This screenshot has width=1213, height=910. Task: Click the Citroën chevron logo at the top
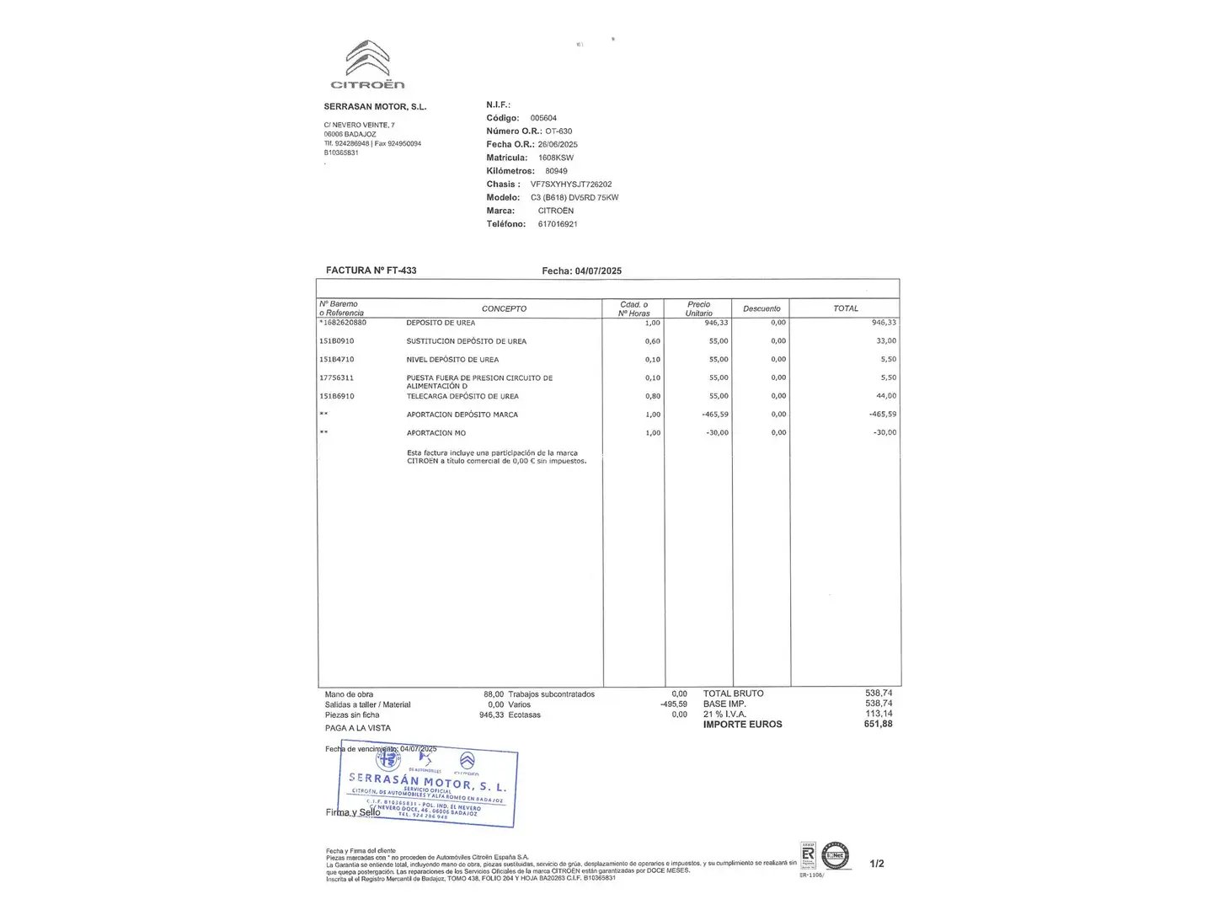point(367,59)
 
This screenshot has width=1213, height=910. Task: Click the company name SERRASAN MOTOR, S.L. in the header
point(375,107)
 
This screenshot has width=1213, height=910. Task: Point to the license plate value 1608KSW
point(556,158)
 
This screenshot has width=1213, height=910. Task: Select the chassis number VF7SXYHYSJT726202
point(571,184)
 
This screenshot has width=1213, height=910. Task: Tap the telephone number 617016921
point(558,224)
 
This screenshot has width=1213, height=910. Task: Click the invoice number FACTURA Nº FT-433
point(371,270)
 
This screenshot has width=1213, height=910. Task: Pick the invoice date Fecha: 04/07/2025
point(581,270)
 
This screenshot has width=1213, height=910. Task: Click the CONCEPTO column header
point(504,308)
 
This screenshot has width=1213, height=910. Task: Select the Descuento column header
point(761,308)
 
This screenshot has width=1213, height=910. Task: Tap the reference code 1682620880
point(344,323)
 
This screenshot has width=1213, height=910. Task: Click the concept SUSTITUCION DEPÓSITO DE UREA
point(466,341)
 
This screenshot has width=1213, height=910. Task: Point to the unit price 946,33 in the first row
point(716,323)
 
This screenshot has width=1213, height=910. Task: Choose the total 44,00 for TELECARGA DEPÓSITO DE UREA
point(886,396)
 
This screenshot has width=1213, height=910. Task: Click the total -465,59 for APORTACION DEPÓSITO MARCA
point(883,415)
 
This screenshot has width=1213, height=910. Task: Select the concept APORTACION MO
point(436,433)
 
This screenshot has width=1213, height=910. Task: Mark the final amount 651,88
point(878,724)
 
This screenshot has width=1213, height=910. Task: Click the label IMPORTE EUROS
point(742,724)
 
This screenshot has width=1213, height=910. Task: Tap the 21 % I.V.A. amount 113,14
point(879,714)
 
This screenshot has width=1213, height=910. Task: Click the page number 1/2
point(876,864)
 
